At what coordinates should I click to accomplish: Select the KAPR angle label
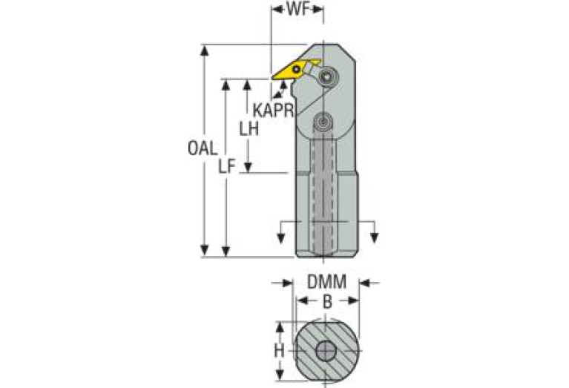[272, 110]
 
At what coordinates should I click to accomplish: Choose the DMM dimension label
[326, 283]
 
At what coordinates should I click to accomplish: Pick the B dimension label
[326, 301]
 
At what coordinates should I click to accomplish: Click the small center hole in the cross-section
[326, 351]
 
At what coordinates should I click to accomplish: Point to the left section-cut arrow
[281, 237]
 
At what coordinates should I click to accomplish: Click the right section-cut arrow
[375, 237]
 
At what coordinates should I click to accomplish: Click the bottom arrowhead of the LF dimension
[226, 252]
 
